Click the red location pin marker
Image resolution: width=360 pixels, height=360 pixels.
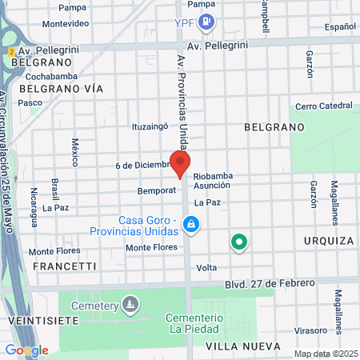[x=180, y=163]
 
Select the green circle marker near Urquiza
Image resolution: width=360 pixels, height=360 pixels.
[x=238, y=241]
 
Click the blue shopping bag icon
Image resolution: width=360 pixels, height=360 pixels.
[x=190, y=226]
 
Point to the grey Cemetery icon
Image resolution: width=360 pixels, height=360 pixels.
[x=130, y=304]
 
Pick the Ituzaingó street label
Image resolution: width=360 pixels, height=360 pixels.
[x=151, y=126]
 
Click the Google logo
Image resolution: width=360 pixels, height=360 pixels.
[x=26, y=350]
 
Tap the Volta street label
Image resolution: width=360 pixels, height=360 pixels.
[x=206, y=267]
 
